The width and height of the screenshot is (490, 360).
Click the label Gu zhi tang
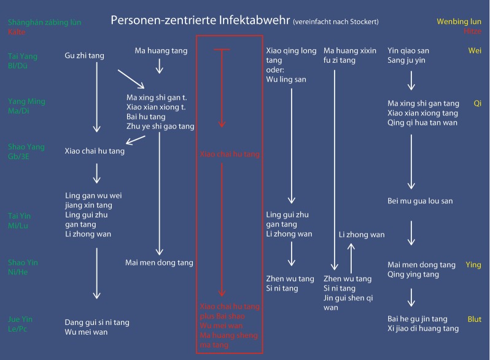pos(84,56)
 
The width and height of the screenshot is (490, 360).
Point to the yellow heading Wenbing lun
pos(459,22)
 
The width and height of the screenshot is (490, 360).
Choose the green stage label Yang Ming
pos(26,101)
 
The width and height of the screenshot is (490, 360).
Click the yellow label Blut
pos(474,319)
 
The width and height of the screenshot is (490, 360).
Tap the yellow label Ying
pos(473,265)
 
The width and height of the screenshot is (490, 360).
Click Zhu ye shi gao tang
pos(160,127)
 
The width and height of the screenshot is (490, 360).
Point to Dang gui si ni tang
pos(97,323)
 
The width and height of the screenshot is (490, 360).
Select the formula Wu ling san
pos(286,79)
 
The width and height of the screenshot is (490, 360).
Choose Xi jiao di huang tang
pos(423,329)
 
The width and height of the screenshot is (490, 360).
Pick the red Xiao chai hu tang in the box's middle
pos(230,154)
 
